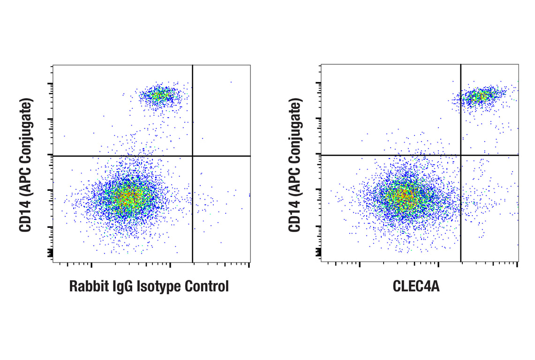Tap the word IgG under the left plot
coord(122,286)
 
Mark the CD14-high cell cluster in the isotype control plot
coord(159,96)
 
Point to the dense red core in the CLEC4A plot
coord(403,197)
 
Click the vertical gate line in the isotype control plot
coord(193,211)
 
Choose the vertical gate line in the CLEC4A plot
coord(461,211)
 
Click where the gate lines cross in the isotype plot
coord(193,156)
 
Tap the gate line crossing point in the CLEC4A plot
coord(461,155)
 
